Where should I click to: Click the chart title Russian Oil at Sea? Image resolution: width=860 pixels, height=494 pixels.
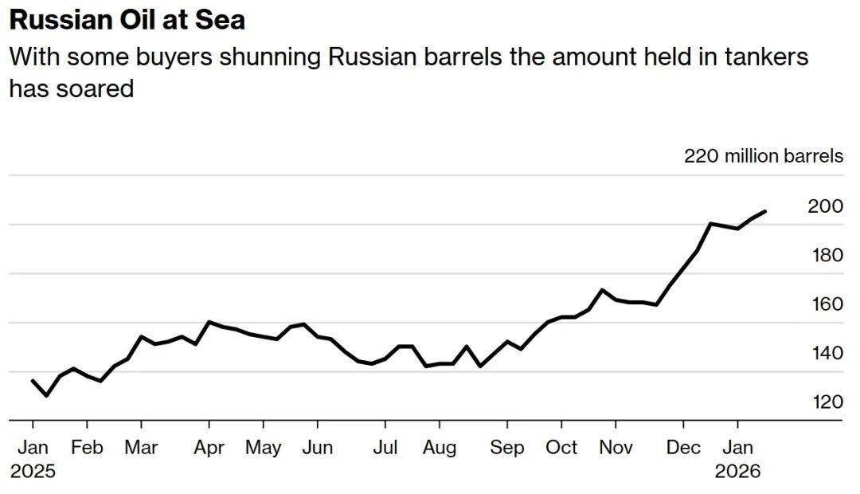[127, 19]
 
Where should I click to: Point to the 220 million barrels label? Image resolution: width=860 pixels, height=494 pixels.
[763, 156]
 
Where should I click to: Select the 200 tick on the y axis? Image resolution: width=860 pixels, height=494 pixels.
[825, 206]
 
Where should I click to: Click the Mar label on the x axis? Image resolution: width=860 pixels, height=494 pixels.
[141, 447]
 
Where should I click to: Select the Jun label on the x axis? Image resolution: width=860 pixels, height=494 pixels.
[318, 447]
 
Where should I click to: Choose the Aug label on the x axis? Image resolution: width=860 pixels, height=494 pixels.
[439, 447]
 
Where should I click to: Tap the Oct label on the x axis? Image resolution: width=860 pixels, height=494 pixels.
[561, 447]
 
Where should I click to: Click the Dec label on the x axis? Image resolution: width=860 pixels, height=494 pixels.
[682, 447]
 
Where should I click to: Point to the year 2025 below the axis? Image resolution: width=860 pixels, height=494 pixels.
[33, 471]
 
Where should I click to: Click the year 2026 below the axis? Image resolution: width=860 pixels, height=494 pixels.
[737, 471]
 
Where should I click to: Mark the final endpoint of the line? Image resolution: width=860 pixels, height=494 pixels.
[765, 211]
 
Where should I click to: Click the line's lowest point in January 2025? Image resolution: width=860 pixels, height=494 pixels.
[46, 395]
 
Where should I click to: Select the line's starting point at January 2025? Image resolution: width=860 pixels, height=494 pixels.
[33, 381]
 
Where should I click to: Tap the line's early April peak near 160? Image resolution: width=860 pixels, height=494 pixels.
[209, 322]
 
